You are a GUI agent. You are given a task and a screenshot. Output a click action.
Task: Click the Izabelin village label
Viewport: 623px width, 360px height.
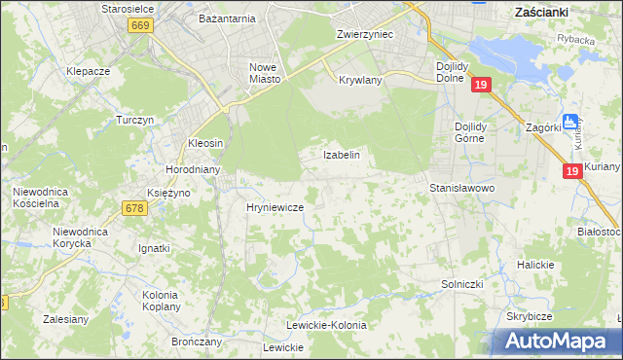click(342, 155)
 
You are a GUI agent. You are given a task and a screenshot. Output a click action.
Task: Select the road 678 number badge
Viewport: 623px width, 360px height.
click(135, 207)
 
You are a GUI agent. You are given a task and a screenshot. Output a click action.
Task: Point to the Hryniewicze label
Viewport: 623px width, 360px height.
click(275, 208)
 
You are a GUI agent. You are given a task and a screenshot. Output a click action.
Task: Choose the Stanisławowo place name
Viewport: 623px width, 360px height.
click(463, 187)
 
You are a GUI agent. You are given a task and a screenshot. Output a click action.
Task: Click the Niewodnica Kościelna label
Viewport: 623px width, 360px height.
click(40, 198)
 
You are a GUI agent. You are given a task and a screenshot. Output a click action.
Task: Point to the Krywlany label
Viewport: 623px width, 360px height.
click(360, 81)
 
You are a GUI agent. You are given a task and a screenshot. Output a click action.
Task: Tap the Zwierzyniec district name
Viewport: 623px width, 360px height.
click(364, 33)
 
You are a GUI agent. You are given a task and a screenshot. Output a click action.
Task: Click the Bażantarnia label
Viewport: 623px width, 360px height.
click(226, 18)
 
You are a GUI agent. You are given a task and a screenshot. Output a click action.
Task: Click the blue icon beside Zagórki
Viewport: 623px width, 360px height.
click(570, 124)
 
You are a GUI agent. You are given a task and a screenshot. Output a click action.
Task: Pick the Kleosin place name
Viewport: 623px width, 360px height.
click(205, 143)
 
